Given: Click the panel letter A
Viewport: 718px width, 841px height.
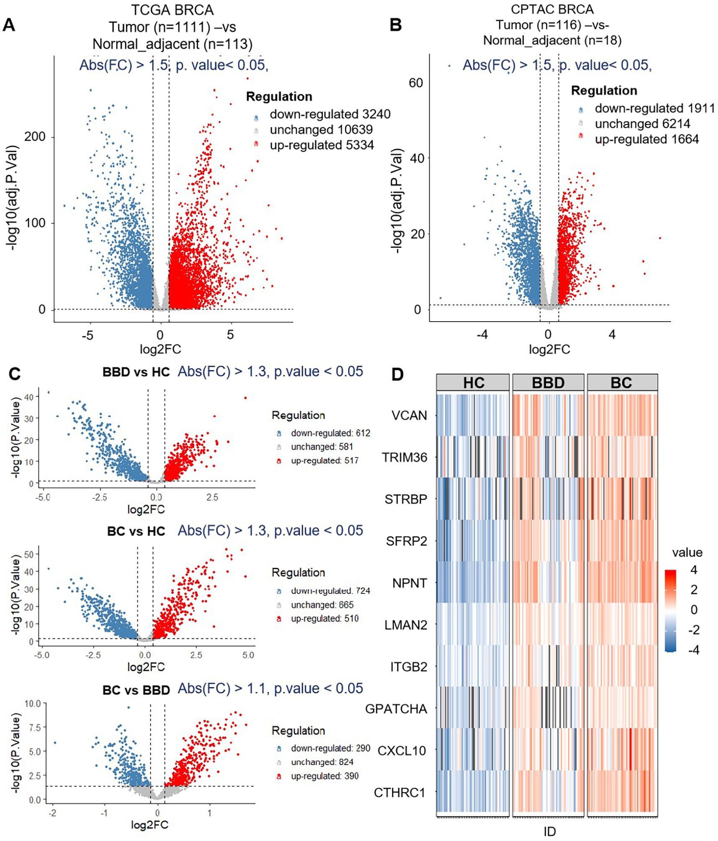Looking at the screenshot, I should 9,25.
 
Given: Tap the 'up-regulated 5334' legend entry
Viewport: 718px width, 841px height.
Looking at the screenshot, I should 321,145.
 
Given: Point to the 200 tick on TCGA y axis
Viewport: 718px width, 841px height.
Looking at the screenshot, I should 35,137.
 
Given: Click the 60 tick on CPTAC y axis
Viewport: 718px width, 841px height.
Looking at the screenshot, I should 416,83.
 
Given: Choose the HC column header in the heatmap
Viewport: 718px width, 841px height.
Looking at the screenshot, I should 473,382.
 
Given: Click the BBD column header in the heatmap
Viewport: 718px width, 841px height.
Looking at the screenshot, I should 548,382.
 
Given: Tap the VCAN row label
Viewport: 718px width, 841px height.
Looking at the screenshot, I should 409,415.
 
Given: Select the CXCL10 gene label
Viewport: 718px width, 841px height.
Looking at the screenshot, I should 402,751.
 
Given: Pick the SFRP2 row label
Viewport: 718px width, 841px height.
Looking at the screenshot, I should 407,541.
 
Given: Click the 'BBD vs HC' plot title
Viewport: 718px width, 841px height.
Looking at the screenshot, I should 136,372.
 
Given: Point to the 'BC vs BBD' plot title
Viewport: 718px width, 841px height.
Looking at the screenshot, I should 136,690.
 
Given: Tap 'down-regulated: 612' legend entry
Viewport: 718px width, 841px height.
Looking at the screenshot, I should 330,433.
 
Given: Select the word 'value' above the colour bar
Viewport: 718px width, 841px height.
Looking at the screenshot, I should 687,553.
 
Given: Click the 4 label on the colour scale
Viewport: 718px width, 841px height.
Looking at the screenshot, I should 694,570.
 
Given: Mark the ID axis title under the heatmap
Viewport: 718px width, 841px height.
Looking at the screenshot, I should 549,831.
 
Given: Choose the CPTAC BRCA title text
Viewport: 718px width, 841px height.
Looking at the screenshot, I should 552,9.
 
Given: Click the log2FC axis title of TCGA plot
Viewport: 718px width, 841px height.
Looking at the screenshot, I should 160,349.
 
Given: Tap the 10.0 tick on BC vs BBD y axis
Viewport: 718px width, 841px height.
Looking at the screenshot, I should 33,704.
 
